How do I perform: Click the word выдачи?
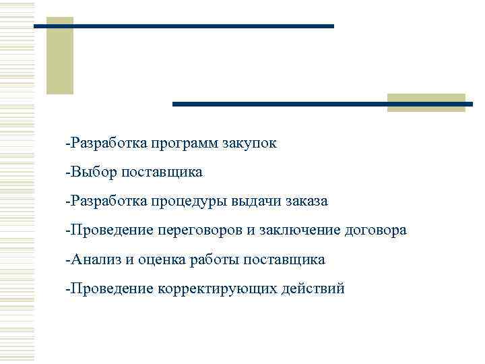[256, 202]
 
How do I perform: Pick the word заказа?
[306, 202]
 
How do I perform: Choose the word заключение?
[300, 231]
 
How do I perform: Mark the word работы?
[213, 260]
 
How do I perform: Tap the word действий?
[312, 289]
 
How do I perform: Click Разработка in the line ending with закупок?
[107, 144]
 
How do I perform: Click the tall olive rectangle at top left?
[59, 55]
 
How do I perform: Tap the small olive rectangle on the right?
[426, 102]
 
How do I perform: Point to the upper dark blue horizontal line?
[183, 26]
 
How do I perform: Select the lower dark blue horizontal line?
[323, 104]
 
